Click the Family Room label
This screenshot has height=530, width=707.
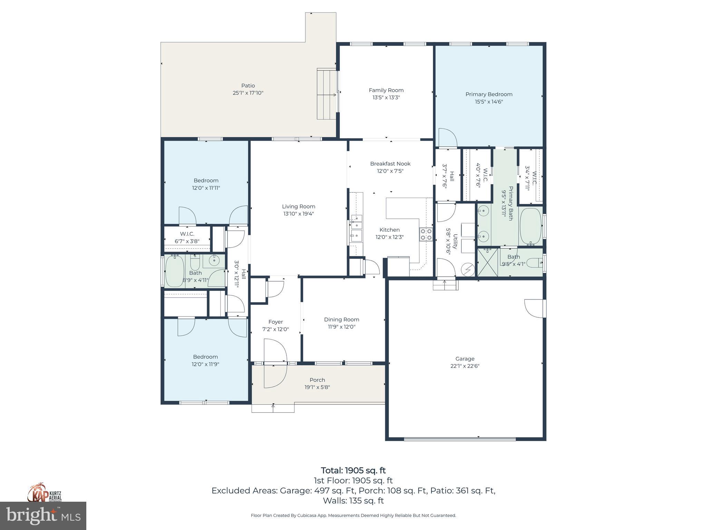click(x=386, y=90)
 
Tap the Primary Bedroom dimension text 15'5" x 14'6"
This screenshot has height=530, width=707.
click(x=488, y=102)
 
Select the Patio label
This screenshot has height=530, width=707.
click(x=248, y=86)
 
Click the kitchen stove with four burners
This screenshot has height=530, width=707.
click(x=426, y=234)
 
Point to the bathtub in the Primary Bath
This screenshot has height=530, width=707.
click(x=530, y=226)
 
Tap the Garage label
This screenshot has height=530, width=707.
click(x=465, y=359)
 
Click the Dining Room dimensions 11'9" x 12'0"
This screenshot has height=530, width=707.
click(x=341, y=327)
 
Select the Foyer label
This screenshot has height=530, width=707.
click(x=275, y=322)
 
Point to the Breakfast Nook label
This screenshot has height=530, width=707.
click(x=390, y=164)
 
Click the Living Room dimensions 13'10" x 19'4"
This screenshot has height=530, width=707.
click(x=298, y=214)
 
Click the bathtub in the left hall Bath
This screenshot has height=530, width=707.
click(x=175, y=271)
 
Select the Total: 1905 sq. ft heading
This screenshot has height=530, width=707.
click(x=353, y=470)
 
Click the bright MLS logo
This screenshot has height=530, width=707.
click(x=43, y=516)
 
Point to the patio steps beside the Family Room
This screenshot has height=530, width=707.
click(x=327, y=94)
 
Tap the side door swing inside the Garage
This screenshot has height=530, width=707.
click(x=534, y=308)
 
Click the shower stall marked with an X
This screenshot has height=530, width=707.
click(x=487, y=263)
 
